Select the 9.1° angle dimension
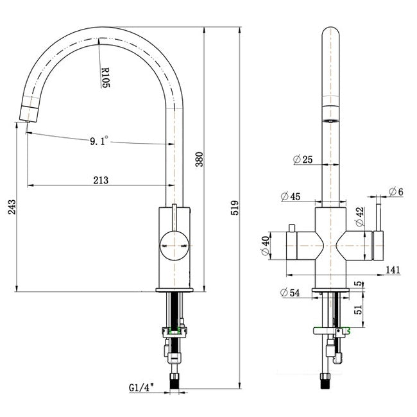pos(99,139)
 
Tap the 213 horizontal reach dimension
pos(101,180)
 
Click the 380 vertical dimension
pos(199,159)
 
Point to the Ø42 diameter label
pos(360,216)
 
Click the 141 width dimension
pos(391,271)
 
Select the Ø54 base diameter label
pos(291,293)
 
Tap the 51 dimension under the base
pos(359,310)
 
